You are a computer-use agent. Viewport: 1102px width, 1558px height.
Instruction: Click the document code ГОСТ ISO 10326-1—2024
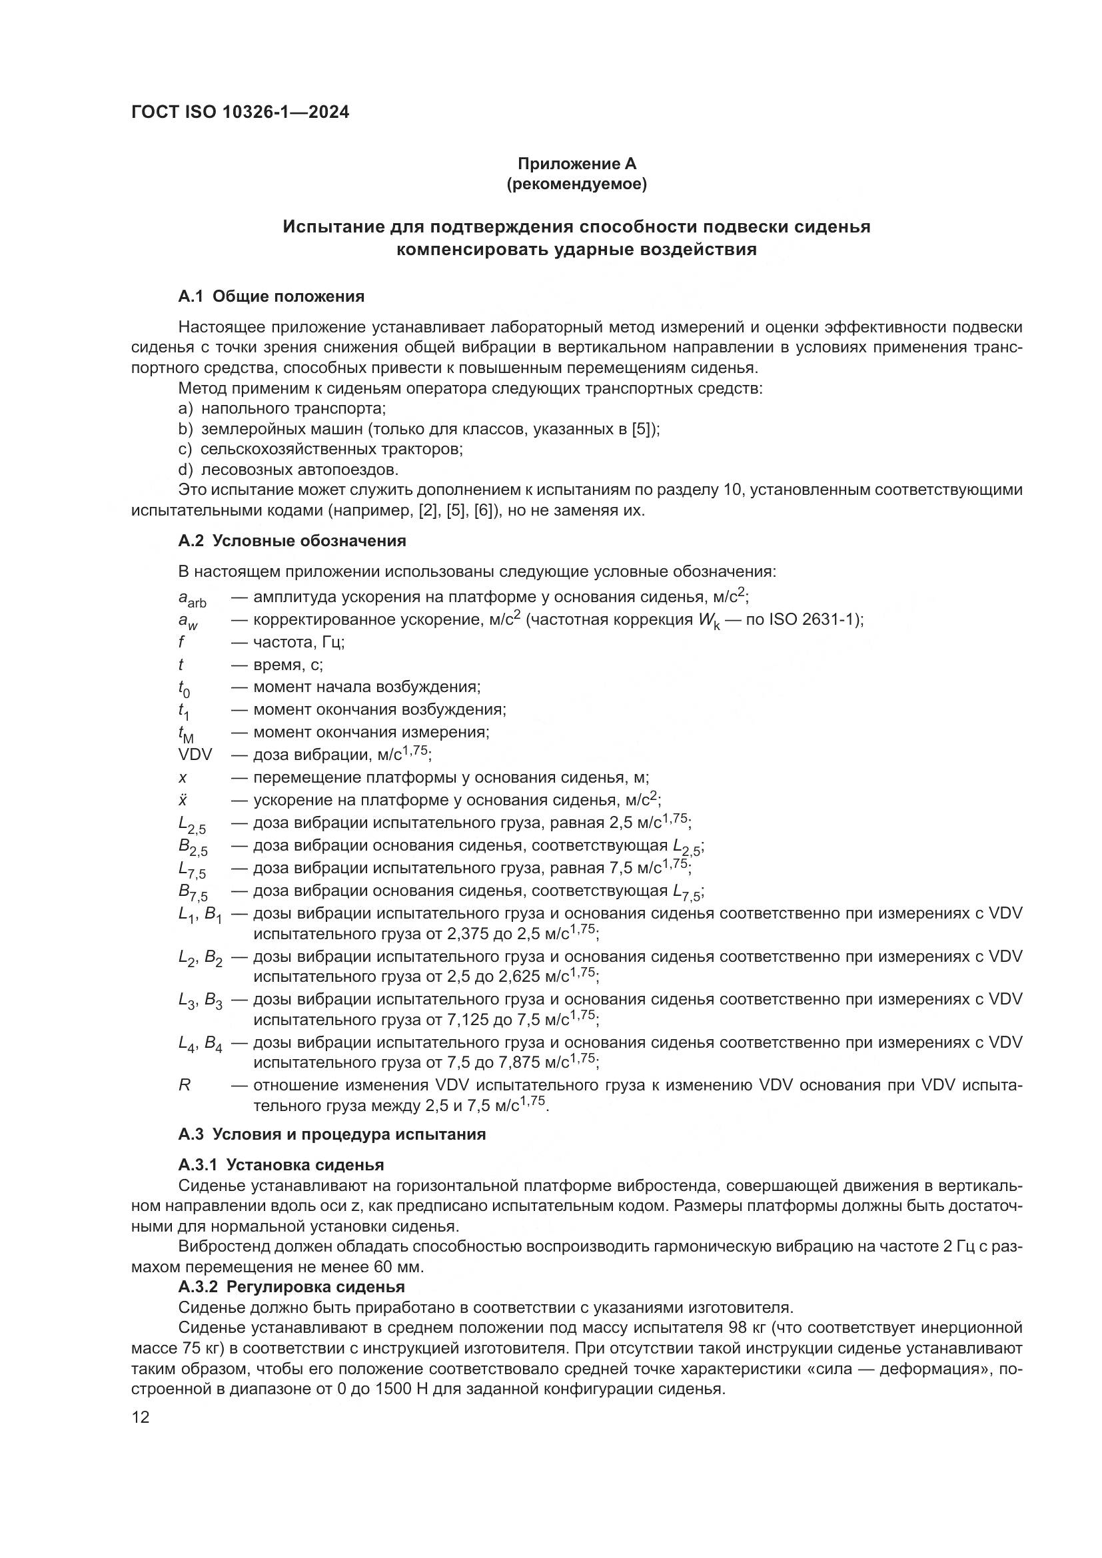[x=241, y=113]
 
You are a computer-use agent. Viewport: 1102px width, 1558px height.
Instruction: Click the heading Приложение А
[x=577, y=164]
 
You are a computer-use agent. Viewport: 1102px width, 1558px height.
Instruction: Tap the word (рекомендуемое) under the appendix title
[x=577, y=184]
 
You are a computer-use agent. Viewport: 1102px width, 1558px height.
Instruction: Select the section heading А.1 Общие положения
[x=271, y=296]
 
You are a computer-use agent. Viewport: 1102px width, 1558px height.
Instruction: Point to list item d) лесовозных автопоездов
[x=288, y=470]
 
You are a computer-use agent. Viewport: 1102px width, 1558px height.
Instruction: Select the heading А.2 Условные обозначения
[x=292, y=541]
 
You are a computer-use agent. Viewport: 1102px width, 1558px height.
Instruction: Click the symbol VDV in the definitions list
[x=195, y=755]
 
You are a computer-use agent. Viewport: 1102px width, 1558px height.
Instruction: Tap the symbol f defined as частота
[x=182, y=642]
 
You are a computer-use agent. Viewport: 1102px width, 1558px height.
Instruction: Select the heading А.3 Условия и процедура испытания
[x=332, y=1134]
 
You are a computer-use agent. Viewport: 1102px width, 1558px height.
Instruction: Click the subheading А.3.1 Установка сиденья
[x=281, y=1165]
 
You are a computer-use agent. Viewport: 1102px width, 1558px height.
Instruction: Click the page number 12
[x=141, y=1417]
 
